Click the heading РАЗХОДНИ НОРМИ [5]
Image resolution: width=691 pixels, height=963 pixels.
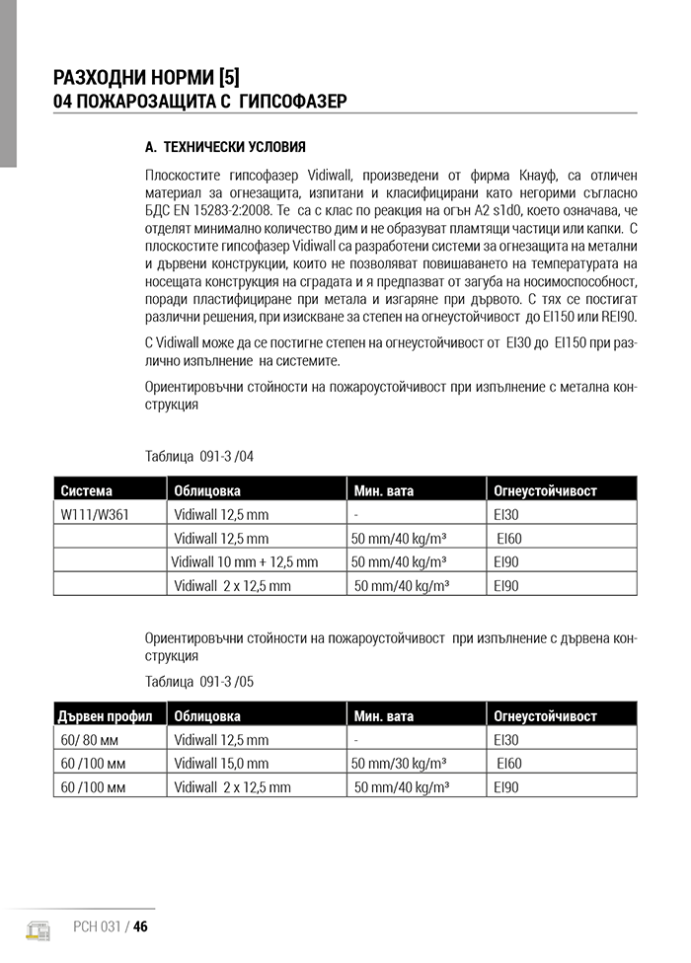pyautogui.click(x=147, y=76)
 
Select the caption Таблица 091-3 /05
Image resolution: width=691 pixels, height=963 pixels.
pyautogui.click(x=199, y=681)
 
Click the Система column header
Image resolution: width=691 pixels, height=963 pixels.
pyautogui.click(x=87, y=490)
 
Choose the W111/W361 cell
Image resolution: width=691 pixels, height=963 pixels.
pyautogui.click(x=96, y=514)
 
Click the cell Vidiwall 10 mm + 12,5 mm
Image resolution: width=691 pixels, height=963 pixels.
pyautogui.click(x=245, y=562)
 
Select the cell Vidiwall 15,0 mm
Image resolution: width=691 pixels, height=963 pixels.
pyautogui.click(x=221, y=764)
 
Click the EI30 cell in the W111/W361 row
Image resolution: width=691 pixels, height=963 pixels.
pyautogui.click(x=505, y=514)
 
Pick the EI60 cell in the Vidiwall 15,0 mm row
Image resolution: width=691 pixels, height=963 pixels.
pyautogui.click(x=509, y=764)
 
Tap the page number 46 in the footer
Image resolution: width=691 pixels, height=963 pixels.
pyautogui.click(x=140, y=926)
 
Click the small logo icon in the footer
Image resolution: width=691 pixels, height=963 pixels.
pyautogui.click(x=38, y=928)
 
